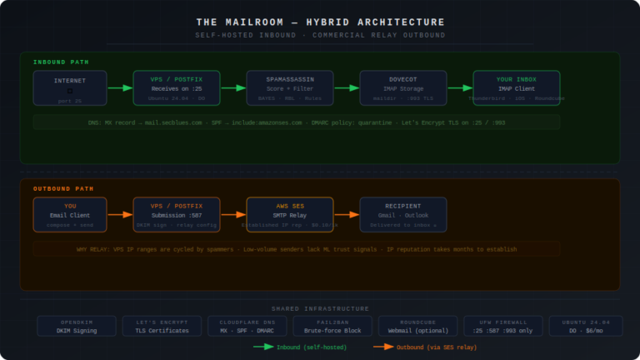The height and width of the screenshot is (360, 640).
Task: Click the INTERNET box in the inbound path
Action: (x=70, y=88)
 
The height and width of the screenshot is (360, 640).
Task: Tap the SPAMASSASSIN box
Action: (x=290, y=88)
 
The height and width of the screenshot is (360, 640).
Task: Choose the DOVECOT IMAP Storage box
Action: (x=402, y=88)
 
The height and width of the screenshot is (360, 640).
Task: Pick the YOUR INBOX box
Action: (x=516, y=88)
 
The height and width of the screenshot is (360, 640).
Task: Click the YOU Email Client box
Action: (x=70, y=214)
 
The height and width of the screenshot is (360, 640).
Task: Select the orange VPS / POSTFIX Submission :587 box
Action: (x=177, y=214)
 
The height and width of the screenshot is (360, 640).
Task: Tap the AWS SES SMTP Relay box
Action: (x=290, y=214)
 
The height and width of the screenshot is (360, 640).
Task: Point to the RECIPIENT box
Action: (x=402, y=214)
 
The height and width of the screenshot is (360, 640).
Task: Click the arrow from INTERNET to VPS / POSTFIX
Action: (x=121, y=87)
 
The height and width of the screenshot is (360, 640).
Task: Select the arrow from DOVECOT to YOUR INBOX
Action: (x=459, y=87)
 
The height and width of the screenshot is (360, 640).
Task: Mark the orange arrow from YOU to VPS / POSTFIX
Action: (x=121, y=214)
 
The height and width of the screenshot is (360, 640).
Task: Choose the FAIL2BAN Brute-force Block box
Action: (x=332, y=326)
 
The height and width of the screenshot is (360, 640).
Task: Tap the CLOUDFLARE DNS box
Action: (x=247, y=326)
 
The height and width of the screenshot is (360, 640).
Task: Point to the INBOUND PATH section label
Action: (x=61, y=62)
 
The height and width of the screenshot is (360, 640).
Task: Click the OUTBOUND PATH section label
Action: (x=64, y=188)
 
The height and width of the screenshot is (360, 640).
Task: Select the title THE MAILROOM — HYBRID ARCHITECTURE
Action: (x=320, y=22)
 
